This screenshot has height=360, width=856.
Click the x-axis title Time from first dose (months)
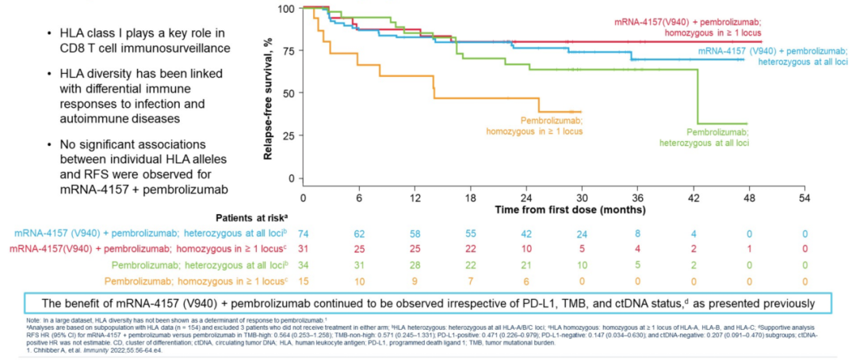click(x=569, y=210)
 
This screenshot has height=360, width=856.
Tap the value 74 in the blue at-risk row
click(x=303, y=234)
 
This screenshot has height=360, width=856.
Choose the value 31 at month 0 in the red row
click(x=303, y=250)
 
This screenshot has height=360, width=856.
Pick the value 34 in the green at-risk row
click(x=303, y=265)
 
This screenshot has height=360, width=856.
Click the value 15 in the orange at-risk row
click(x=303, y=281)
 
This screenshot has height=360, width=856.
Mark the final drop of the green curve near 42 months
click(x=698, y=95)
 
